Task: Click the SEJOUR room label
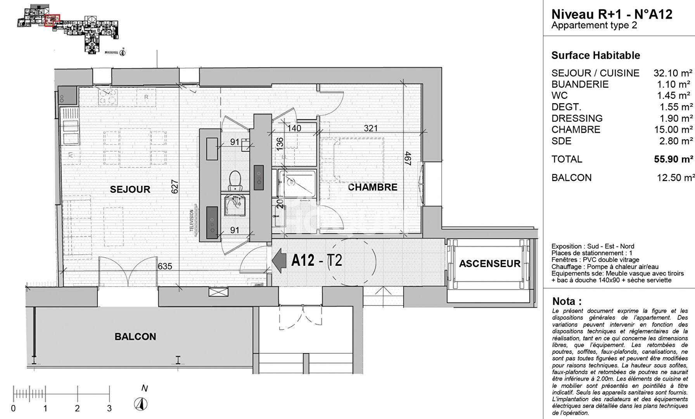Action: (x=130, y=189)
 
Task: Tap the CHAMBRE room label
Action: (x=372, y=187)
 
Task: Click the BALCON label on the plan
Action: (x=135, y=337)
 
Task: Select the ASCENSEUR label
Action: (x=489, y=264)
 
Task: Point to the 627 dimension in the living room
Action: (x=175, y=187)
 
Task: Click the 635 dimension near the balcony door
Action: (x=165, y=267)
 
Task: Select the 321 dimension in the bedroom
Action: (x=370, y=128)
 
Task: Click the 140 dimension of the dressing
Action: (x=294, y=128)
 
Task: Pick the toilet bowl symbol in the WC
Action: (x=235, y=180)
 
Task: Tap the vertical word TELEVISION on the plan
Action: (x=192, y=221)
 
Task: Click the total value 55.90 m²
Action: (x=673, y=159)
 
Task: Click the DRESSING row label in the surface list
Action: (x=577, y=118)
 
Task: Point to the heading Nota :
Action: (x=567, y=301)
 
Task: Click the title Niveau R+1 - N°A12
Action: (x=612, y=14)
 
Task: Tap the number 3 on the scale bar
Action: (x=109, y=408)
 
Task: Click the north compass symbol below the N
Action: (x=141, y=404)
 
